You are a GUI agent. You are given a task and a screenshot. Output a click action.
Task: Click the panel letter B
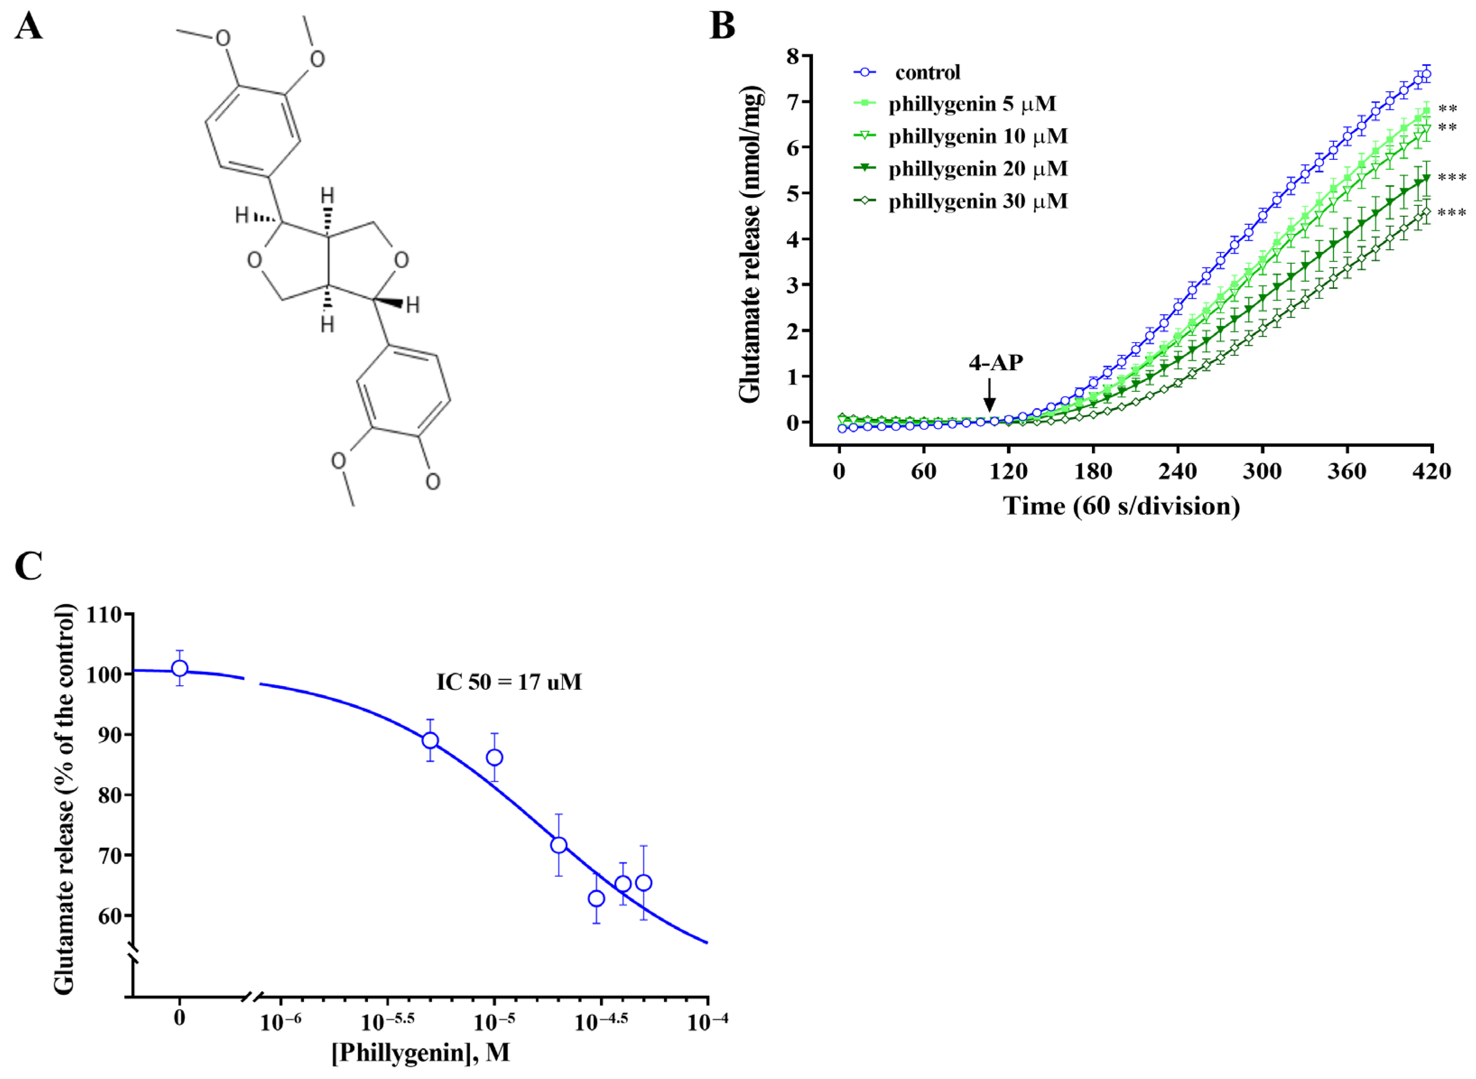[722, 28]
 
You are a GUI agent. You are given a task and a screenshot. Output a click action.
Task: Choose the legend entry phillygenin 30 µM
[978, 201]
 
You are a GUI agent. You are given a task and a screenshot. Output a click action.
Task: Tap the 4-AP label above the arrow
[995, 363]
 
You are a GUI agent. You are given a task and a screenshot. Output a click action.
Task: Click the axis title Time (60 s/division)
[1121, 506]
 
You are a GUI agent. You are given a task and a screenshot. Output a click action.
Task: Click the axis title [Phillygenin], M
[421, 1053]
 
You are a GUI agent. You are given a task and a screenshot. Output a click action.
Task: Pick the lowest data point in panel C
[596, 899]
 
